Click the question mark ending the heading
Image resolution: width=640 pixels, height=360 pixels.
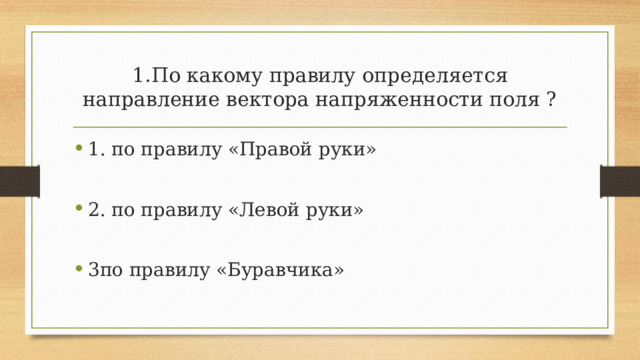point(552,101)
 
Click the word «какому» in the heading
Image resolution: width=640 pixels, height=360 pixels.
point(220,76)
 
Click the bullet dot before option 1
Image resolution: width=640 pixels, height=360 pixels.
point(78,152)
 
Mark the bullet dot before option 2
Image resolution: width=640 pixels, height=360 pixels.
point(78,211)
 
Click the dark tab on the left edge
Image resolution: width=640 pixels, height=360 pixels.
point(19,180)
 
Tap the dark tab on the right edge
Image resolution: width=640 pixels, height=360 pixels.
point(620,180)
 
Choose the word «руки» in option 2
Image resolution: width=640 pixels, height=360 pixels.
point(345,210)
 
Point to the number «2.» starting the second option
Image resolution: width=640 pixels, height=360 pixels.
point(96,210)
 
